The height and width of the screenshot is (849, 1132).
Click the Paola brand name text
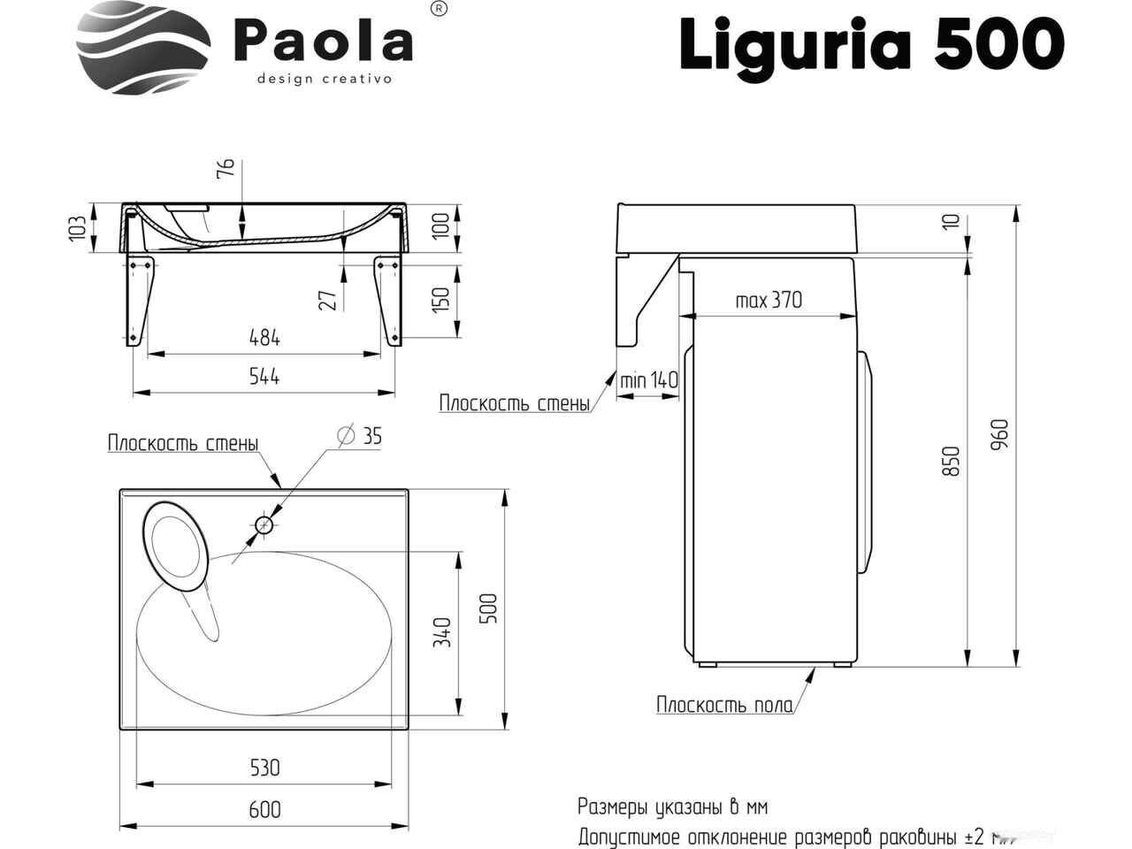click(x=324, y=42)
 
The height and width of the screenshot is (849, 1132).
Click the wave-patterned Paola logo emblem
click(x=144, y=48)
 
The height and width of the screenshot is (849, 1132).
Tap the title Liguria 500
click(x=872, y=45)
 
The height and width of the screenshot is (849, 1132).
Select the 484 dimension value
click(x=264, y=338)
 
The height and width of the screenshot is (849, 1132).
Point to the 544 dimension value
click(x=264, y=377)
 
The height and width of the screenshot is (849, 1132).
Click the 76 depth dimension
click(x=226, y=169)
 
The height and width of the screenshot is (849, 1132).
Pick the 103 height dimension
click(x=77, y=227)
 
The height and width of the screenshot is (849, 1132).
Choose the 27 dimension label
click(x=328, y=300)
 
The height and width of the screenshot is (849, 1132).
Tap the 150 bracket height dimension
click(x=440, y=298)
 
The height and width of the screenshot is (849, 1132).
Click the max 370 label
click(x=769, y=300)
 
